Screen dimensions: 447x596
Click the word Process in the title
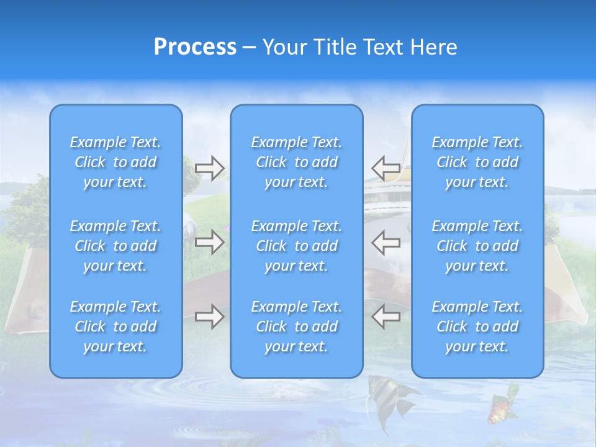point(195,47)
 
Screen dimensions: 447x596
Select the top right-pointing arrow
point(209,168)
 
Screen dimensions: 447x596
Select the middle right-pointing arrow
point(209,242)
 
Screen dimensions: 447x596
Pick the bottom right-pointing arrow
point(209,317)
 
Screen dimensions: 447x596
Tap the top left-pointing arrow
point(386,168)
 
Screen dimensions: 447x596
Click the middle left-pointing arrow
point(386,242)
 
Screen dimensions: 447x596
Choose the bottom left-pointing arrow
point(386,317)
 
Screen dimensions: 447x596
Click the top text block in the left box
point(115,162)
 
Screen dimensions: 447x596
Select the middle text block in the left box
point(115,246)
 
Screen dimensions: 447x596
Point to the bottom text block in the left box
point(115,327)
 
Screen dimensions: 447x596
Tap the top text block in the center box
point(297,162)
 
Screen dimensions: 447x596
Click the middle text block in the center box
point(297,246)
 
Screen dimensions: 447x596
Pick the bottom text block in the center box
point(297,327)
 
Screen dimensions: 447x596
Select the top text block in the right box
point(477,162)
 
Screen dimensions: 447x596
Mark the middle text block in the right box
point(477,246)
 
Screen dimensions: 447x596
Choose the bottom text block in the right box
point(477,327)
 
